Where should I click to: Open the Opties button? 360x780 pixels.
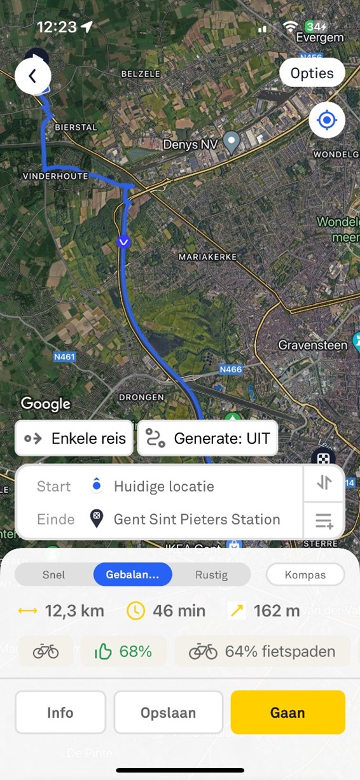[x=312, y=73]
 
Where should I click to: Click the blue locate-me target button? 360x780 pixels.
[x=327, y=120]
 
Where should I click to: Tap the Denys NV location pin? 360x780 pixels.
[x=233, y=141]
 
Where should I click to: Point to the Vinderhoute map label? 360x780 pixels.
[x=55, y=176]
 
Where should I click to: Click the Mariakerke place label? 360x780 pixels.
[x=208, y=256]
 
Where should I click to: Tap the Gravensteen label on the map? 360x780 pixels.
[x=313, y=345]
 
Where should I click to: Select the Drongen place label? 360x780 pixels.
[x=141, y=397]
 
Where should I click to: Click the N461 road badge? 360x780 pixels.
[x=65, y=357]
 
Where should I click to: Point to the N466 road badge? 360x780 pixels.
[x=230, y=369]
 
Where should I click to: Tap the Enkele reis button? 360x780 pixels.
[x=74, y=438]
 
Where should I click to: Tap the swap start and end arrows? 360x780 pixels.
[x=324, y=483]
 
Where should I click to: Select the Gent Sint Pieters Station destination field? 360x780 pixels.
[x=197, y=519]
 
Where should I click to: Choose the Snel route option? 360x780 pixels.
[x=54, y=575]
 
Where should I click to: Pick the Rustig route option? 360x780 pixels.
[x=211, y=575]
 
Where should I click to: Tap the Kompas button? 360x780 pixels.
[x=305, y=575]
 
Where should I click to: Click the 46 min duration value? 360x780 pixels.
[x=179, y=611]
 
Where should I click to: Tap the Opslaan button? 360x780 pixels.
[x=168, y=713]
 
